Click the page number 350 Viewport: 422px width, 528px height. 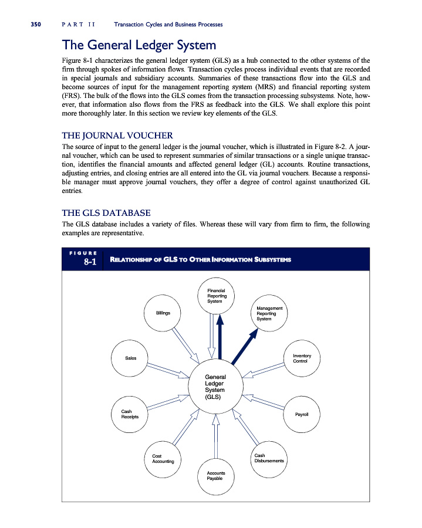(31, 25)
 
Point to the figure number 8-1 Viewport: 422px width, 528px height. (89, 262)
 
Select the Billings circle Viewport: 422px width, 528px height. (163, 313)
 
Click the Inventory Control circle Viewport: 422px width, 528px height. (301, 357)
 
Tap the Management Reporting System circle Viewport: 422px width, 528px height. (269, 313)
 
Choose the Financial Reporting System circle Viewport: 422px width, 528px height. (215, 296)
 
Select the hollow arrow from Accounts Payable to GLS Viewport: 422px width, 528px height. (215, 435)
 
